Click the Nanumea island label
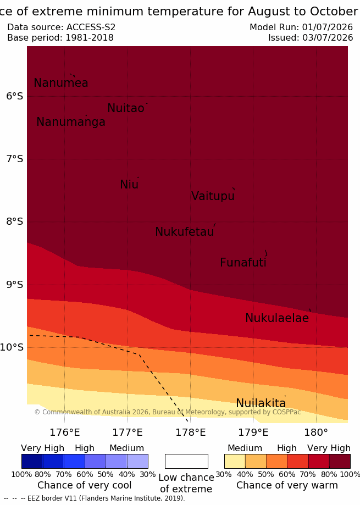tap(61, 83)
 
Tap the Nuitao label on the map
tap(126, 108)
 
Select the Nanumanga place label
tap(71, 122)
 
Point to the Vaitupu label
tap(213, 196)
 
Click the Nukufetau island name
tap(185, 232)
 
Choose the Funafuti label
tap(243, 263)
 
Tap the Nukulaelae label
tap(277, 318)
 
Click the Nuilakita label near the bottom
tap(261, 403)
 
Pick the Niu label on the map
tap(129, 185)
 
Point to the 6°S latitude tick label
tap(14, 96)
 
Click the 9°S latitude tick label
tap(14, 285)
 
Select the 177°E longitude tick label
tap(127, 432)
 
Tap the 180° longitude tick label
tap(316, 432)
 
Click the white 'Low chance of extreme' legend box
tap(186, 461)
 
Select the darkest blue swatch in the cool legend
tap(32, 461)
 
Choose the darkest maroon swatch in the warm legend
tap(340, 461)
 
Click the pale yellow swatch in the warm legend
tap(235, 461)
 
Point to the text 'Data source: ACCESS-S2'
tap(61, 27)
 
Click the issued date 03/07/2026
tap(328, 38)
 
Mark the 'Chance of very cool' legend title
tap(84, 485)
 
